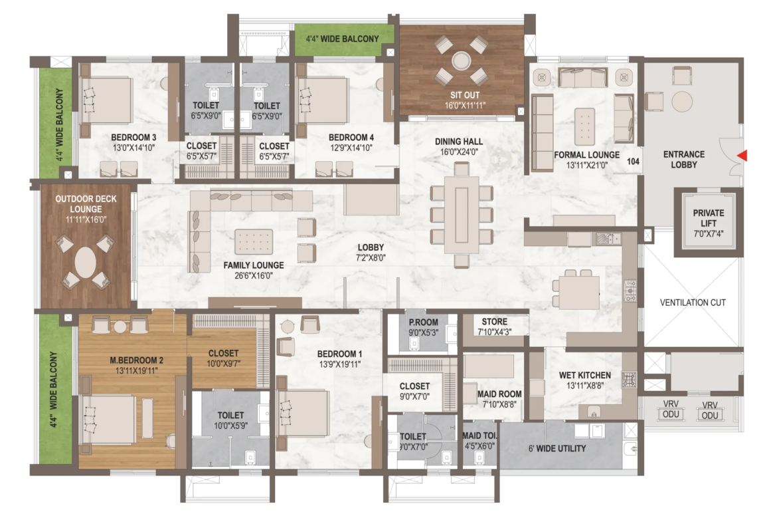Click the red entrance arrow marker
click(x=742, y=156)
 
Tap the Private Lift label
click(x=708, y=218)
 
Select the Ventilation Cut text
click(x=693, y=302)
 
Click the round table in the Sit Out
click(x=462, y=61)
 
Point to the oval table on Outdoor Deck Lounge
click(x=86, y=262)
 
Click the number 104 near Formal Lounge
click(x=633, y=162)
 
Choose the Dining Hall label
click(x=459, y=142)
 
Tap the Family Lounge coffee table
click(x=254, y=241)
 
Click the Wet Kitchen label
click(x=584, y=375)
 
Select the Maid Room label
click(x=499, y=394)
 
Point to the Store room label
click(x=495, y=322)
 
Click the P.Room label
click(x=423, y=322)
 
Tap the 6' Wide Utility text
click(x=557, y=449)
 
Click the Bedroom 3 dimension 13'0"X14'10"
click(x=133, y=148)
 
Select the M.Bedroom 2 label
click(x=136, y=360)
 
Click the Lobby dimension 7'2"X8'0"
click(x=370, y=257)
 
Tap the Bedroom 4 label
click(x=351, y=138)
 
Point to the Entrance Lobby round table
click(x=682, y=101)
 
